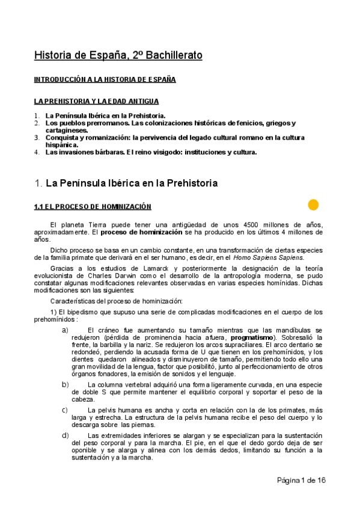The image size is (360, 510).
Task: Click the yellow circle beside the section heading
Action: click(x=313, y=205)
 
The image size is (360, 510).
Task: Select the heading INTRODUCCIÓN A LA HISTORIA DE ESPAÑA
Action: click(x=105, y=79)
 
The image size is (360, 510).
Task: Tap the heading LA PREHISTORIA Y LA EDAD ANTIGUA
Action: click(x=96, y=101)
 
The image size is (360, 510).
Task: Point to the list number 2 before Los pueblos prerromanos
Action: click(x=37, y=123)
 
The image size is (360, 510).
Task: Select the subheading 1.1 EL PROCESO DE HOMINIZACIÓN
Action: click(x=92, y=207)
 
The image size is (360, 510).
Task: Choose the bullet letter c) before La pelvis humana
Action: click(x=65, y=410)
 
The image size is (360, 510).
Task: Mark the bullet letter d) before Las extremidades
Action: click(x=65, y=435)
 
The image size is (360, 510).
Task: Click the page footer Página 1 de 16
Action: click(x=301, y=480)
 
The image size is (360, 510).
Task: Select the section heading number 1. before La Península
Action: click(x=37, y=182)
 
